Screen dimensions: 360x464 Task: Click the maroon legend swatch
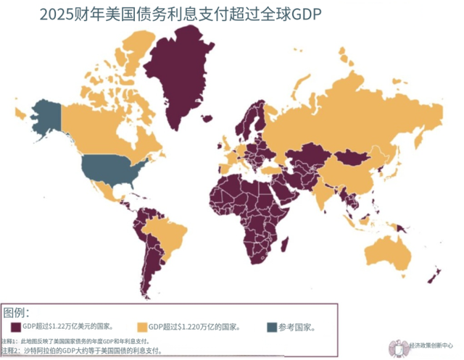click(16, 326)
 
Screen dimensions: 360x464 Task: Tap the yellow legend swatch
click(142, 326)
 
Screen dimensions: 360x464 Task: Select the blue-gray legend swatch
click(272, 326)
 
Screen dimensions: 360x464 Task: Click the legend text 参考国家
click(298, 326)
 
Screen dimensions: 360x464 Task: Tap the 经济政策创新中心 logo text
click(430, 346)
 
